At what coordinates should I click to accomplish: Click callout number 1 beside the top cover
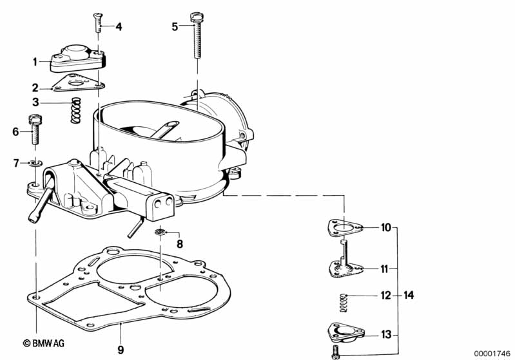pos(35,62)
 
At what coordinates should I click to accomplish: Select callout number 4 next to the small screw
pos(119,27)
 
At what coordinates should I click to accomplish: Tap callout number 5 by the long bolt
pos(174,26)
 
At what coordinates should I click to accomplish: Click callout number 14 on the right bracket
pos(408,296)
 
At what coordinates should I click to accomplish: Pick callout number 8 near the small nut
pos(180,244)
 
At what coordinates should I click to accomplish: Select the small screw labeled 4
pos(99,25)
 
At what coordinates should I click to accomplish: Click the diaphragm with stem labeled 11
pos(345,264)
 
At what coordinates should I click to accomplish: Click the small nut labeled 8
pos(162,232)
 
